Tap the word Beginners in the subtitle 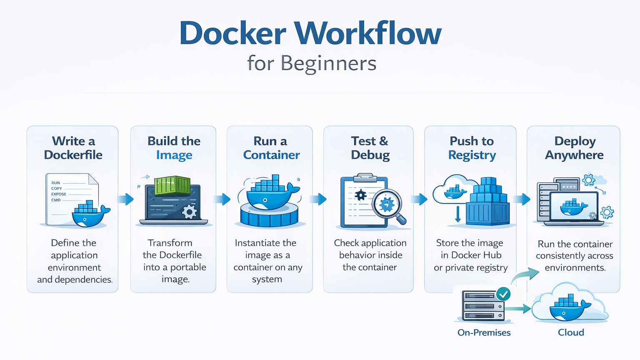(x=328, y=64)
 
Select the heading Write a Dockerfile (x=73, y=148)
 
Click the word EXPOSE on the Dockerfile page (x=59, y=194)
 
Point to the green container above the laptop (x=172, y=185)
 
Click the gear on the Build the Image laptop (x=190, y=211)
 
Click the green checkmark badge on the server (x=503, y=294)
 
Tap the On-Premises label (x=484, y=332)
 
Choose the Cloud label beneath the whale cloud (x=571, y=332)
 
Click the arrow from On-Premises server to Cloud (x=518, y=309)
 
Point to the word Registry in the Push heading (x=472, y=155)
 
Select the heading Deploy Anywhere (x=574, y=148)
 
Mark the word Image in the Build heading (x=174, y=155)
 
